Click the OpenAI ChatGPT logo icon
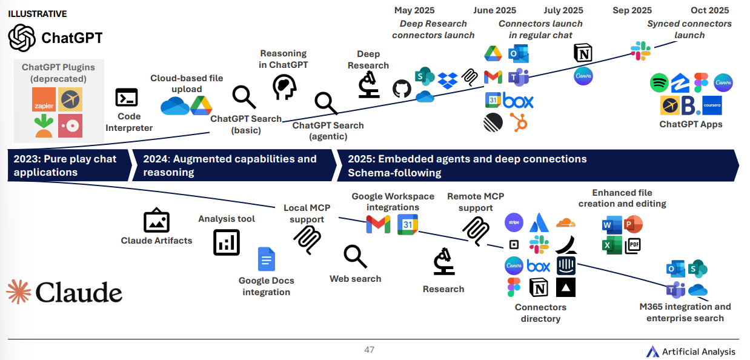tap(22, 38)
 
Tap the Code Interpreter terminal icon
tap(127, 98)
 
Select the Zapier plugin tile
tap(44, 99)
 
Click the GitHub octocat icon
tap(402, 89)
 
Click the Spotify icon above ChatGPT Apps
tap(659, 82)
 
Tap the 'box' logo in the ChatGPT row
tap(518, 101)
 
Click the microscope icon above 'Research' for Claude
tap(444, 262)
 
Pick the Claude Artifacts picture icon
tap(156, 221)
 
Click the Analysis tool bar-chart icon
tap(227, 242)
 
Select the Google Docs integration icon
tap(267, 259)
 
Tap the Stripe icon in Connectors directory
tap(514, 222)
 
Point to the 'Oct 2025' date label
tap(709, 10)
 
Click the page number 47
tap(369, 350)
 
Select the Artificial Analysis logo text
tap(699, 352)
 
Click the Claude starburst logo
tap(19, 292)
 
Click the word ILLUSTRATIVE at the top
tap(38, 13)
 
